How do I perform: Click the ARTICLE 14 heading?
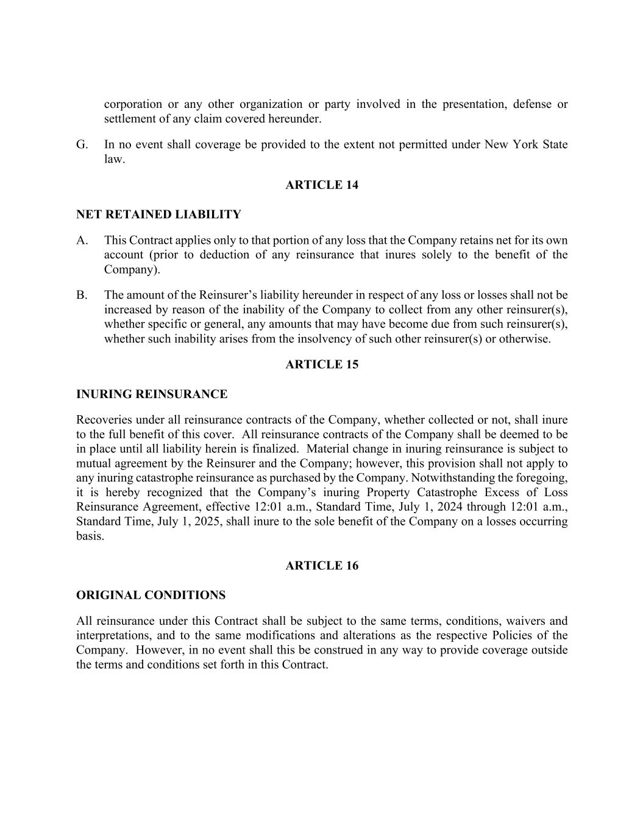322,185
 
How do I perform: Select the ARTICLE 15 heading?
322,364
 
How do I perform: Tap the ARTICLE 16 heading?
322,566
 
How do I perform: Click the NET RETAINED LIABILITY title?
158,215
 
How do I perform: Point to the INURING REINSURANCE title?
152,394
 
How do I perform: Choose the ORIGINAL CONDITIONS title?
151,595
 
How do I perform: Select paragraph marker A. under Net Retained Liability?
82,240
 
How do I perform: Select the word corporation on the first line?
133,104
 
